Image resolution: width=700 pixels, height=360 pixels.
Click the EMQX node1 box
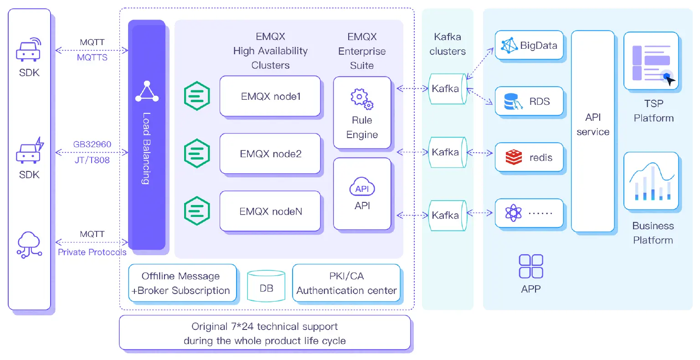click(x=270, y=97)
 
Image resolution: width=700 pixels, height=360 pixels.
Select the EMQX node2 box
click(x=270, y=154)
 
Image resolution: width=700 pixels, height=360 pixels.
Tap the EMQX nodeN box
click(x=270, y=211)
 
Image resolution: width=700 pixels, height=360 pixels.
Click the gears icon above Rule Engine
click(x=362, y=99)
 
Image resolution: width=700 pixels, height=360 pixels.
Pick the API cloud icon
click(x=362, y=187)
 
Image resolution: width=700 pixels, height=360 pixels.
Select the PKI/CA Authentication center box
click(x=346, y=283)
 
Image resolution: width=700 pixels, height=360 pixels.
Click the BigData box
click(x=529, y=45)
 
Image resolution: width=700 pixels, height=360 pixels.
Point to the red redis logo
click(x=514, y=158)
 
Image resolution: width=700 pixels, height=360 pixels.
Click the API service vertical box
click(x=593, y=131)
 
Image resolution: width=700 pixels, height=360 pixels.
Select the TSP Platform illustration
click(x=651, y=61)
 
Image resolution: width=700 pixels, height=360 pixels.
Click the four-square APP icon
click(x=531, y=267)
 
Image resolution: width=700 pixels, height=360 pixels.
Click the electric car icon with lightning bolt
click(x=30, y=151)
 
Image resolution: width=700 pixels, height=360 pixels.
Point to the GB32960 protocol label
click(x=92, y=144)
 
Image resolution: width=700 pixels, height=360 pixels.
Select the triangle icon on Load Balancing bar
click(x=147, y=92)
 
